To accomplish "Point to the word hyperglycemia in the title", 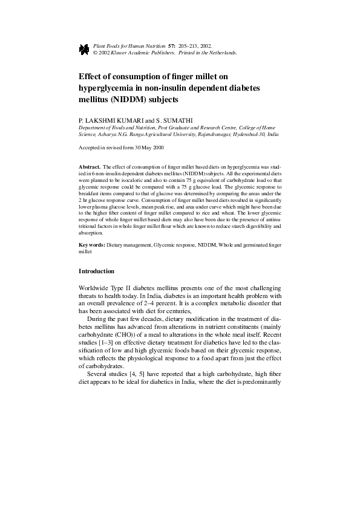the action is click(x=108, y=88).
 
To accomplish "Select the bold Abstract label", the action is click(x=90, y=166).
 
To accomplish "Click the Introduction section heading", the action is click(x=97, y=271).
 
